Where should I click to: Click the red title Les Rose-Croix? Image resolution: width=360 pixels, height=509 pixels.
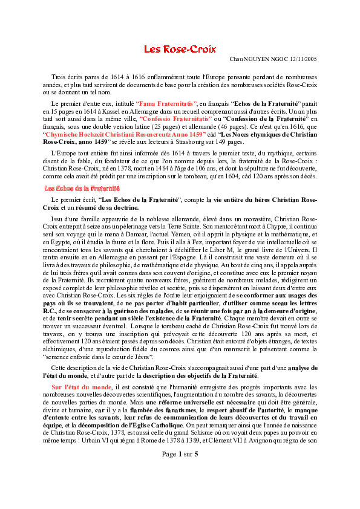(180, 49)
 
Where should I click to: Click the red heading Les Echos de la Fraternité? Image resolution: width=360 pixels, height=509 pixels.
(77, 189)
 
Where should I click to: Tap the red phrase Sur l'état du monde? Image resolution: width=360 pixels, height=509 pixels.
(81, 386)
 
